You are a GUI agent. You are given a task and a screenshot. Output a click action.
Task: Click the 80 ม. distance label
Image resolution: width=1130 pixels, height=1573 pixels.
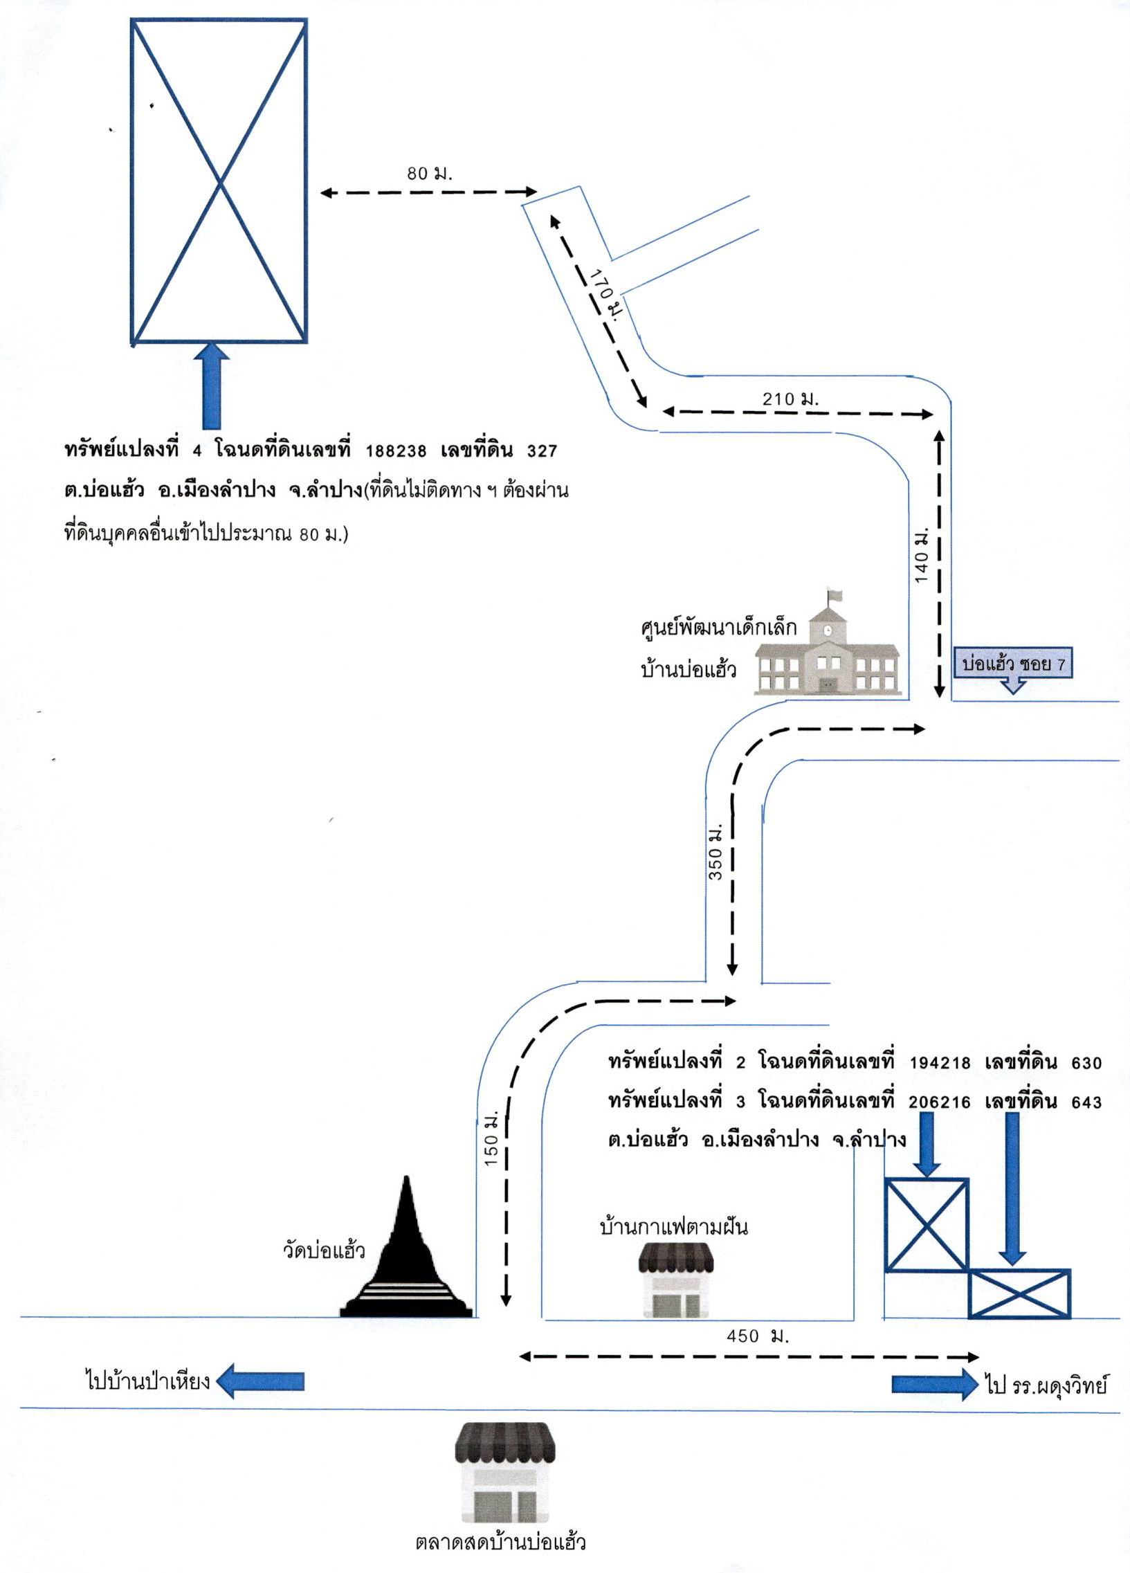tap(430, 174)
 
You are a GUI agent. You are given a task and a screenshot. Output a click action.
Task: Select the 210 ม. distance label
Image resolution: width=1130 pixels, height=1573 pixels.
tap(791, 399)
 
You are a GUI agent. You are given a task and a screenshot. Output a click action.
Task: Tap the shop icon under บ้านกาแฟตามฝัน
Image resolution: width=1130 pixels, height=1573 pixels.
tap(675, 1282)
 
